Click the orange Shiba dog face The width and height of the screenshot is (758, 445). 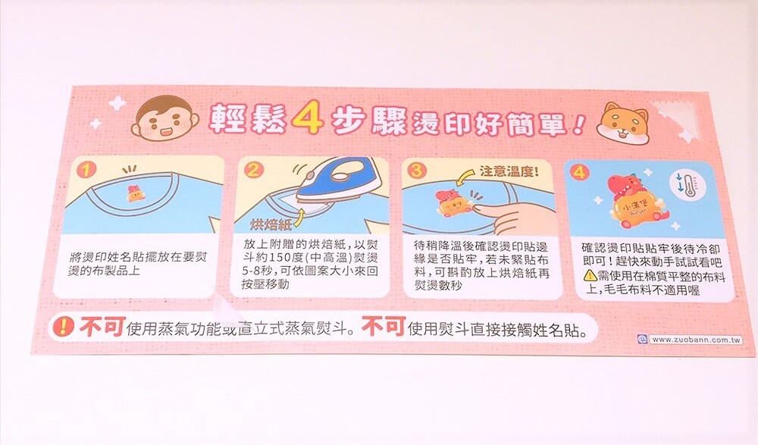[x=623, y=123]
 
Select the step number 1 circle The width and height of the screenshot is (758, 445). [x=86, y=169]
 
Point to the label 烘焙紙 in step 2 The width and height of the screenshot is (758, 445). [x=271, y=224]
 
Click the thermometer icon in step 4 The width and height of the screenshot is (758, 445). [x=686, y=186]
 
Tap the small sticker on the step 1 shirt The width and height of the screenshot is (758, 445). [x=134, y=193]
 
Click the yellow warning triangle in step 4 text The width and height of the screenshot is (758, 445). [x=590, y=276]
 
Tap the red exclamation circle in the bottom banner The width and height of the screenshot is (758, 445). [x=64, y=327]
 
